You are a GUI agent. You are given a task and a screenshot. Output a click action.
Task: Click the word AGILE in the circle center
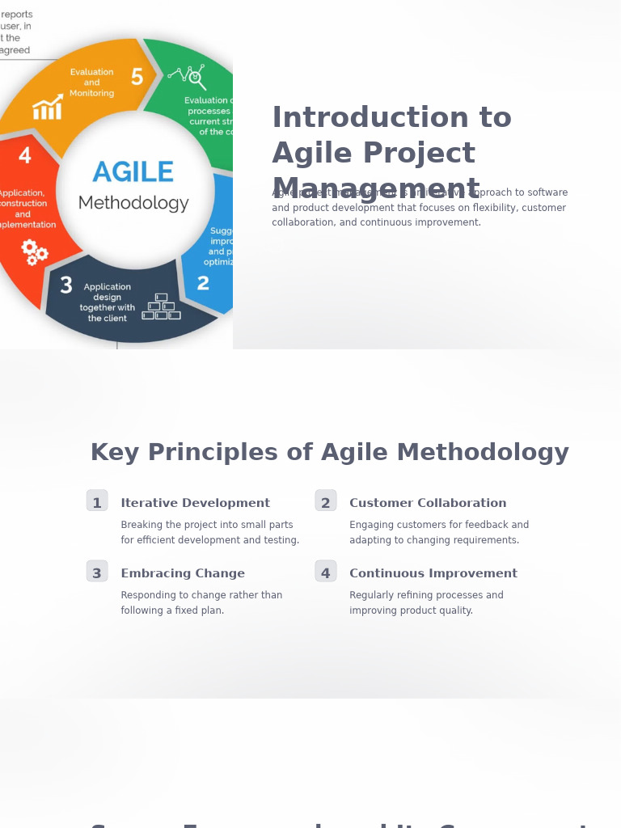pyautogui.click(x=133, y=172)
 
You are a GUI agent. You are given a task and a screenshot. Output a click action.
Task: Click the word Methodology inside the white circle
pyautogui.click(x=133, y=203)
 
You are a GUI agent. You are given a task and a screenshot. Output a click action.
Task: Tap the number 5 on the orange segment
pyautogui.click(x=137, y=78)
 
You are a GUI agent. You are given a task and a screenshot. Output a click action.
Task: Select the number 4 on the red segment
pyautogui.click(x=25, y=155)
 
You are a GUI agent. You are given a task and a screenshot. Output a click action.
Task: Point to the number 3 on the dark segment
pyautogui.click(x=66, y=285)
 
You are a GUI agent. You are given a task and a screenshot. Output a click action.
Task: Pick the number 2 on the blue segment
pyautogui.click(x=203, y=284)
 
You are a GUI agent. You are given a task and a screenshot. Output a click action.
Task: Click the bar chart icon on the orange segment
pyautogui.click(x=48, y=108)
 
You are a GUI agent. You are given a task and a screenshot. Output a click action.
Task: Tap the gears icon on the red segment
pyautogui.click(x=34, y=251)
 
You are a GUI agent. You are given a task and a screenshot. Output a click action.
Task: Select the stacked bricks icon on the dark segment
pyautogui.click(x=161, y=307)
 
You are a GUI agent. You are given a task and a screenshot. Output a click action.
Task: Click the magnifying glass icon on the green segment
pyautogui.click(x=196, y=78)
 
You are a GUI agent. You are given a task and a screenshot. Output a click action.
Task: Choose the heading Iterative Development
pyautogui.click(x=195, y=503)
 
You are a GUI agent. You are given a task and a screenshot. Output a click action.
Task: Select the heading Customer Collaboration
pyautogui.click(x=428, y=503)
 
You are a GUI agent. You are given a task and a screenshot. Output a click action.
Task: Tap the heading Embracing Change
pyautogui.click(x=183, y=573)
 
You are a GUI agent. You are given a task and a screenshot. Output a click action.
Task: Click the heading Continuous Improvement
pyautogui.click(x=433, y=573)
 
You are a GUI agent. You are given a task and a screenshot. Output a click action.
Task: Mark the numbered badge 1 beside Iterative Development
pyautogui.click(x=97, y=501)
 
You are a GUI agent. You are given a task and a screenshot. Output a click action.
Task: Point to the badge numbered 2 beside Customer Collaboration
pyautogui.click(x=326, y=501)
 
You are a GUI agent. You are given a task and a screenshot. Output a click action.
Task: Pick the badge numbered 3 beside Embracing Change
pyautogui.click(x=97, y=572)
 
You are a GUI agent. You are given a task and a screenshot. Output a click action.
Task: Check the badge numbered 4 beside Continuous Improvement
pyautogui.click(x=326, y=572)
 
